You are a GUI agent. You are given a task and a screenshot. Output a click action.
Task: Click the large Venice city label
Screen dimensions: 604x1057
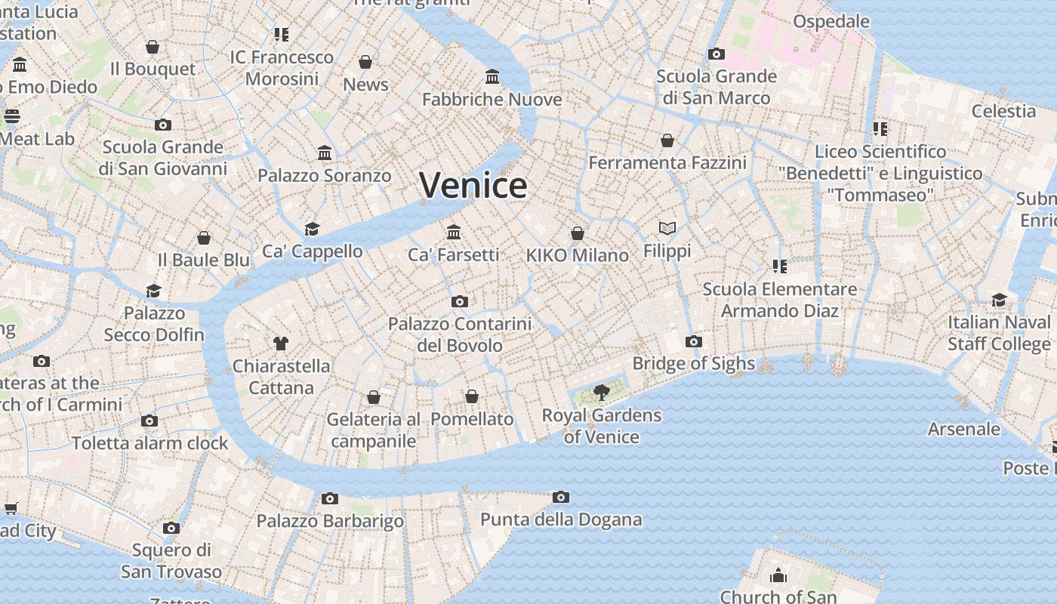tap(473, 185)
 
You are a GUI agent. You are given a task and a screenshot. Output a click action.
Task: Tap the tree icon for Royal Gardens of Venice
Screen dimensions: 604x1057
tap(602, 392)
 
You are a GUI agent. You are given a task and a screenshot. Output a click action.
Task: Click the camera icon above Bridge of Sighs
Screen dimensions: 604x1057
tap(694, 341)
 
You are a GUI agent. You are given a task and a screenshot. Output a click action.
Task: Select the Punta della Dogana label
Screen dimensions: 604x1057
tap(561, 519)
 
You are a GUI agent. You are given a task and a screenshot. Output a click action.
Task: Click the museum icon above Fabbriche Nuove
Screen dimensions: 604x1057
tap(493, 76)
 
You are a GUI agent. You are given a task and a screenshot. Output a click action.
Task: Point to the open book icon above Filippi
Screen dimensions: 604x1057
tap(667, 228)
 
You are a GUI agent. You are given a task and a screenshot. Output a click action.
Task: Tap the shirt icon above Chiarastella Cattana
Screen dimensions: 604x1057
tap(281, 344)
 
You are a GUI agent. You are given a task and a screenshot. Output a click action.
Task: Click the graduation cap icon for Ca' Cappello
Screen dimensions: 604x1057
tap(313, 229)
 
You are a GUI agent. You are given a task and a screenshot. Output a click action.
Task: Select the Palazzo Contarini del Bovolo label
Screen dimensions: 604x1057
tap(460, 334)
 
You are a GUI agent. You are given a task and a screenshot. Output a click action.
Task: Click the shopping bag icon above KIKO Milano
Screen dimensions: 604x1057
tap(578, 233)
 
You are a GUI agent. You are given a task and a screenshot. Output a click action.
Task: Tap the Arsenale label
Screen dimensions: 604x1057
tap(964, 429)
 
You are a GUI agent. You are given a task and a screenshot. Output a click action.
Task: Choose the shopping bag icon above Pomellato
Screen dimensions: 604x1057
tap(472, 396)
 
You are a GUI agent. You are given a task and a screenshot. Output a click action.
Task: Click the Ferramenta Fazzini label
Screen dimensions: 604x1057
tap(667, 162)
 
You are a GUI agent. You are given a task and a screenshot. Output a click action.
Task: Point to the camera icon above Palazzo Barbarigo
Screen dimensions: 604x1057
tap(330, 498)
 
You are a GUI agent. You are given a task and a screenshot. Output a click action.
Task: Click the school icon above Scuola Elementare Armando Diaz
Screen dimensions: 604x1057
tap(780, 266)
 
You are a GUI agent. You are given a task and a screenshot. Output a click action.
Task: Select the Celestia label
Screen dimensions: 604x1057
tap(1003, 111)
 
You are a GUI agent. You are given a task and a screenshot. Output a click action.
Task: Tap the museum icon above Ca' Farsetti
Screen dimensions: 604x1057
tap(454, 232)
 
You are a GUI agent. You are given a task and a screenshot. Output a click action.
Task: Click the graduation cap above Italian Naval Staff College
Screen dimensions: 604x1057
tap(1000, 300)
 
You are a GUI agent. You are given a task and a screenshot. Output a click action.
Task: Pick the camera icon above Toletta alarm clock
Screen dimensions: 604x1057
tap(149, 421)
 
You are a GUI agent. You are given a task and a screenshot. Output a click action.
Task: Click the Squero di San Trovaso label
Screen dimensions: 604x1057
tap(171, 560)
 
